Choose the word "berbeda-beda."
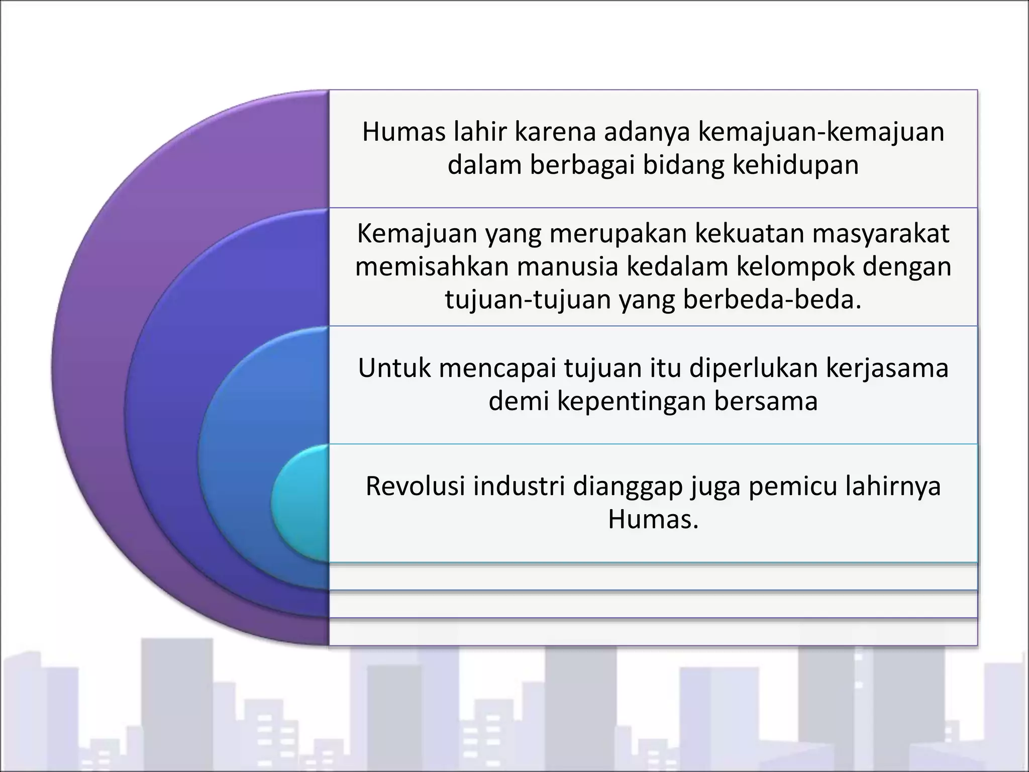coord(772,300)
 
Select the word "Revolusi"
coord(415,486)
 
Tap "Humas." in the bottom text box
coord(653,519)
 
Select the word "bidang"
coord(683,165)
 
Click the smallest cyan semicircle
coord(301,503)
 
